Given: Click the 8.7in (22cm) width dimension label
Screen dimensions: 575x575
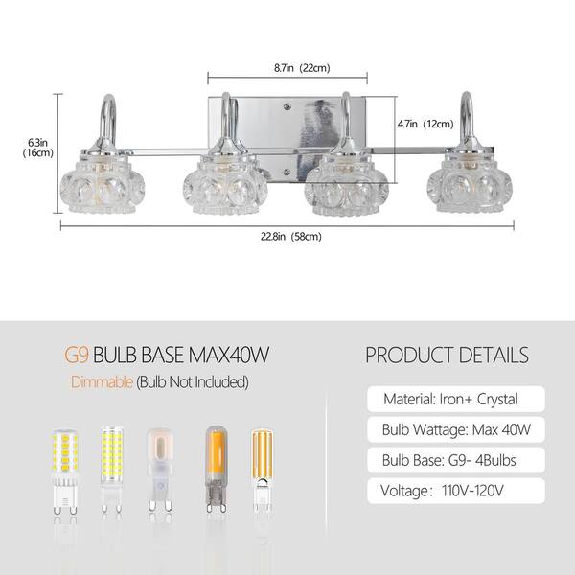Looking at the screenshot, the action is pyautogui.click(x=302, y=68).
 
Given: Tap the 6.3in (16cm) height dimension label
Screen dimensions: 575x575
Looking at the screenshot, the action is pyautogui.click(x=38, y=148).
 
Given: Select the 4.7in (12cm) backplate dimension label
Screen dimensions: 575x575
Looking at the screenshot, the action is pyautogui.click(x=425, y=124).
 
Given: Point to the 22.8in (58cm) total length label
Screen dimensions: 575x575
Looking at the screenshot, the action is pyautogui.click(x=291, y=237).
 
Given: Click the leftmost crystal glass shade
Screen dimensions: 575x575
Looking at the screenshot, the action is pyautogui.click(x=103, y=183).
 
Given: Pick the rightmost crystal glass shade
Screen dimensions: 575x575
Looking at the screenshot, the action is pyautogui.click(x=470, y=182).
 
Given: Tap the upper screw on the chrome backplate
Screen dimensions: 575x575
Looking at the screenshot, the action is pyautogui.click(x=287, y=106).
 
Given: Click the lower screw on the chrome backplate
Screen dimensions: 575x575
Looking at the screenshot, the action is pyautogui.click(x=287, y=172).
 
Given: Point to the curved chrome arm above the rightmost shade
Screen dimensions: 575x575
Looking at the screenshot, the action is pyautogui.click(x=467, y=121).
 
